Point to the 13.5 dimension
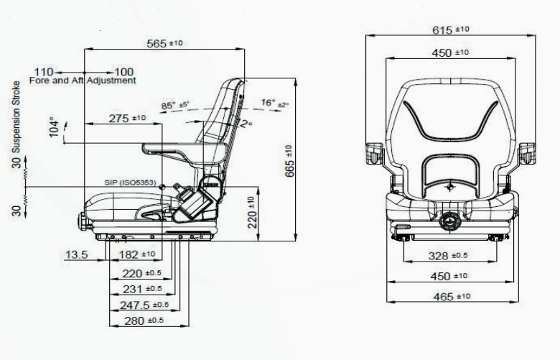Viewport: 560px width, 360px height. coord(76,254)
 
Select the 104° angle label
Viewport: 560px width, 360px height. coord(54,127)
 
